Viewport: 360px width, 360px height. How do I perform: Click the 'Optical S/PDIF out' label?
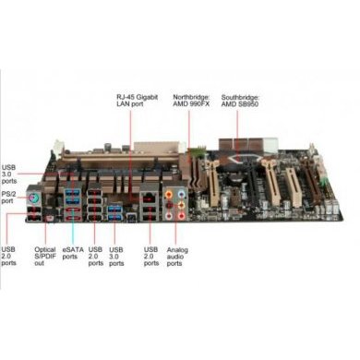click(43, 256)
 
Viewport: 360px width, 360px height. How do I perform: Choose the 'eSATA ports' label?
click(73, 252)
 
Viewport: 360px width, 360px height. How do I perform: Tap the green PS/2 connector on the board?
click(32, 198)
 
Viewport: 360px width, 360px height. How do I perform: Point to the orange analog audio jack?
click(168, 196)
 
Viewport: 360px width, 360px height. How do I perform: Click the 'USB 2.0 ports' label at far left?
click(8, 256)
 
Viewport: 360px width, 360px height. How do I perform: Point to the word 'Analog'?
click(176, 248)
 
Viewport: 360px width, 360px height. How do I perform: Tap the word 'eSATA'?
click(73, 248)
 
